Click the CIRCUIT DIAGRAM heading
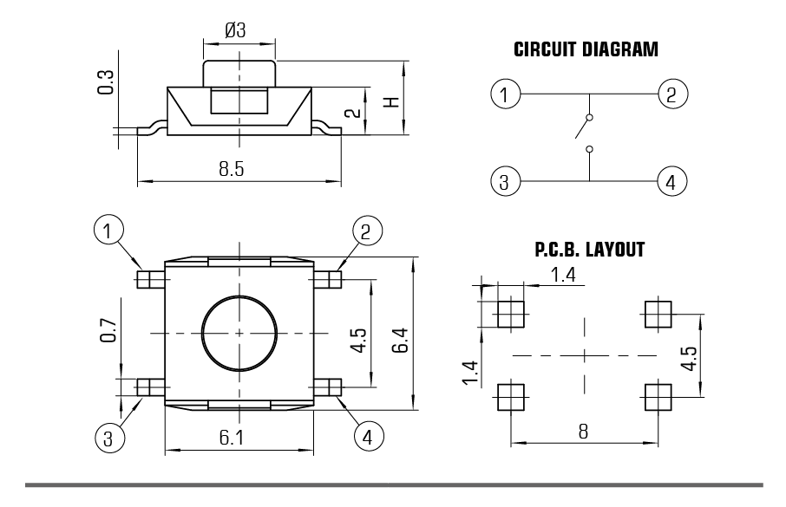[586, 49]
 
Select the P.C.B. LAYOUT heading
[590, 250]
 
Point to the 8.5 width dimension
[232, 169]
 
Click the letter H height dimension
[393, 101]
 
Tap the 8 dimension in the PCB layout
[584, 432]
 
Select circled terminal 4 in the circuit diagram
[671, 182]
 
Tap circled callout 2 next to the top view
[365, 231]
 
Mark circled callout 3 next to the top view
[108, 437]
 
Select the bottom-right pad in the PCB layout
[658, 398]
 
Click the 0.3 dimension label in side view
[106, 83]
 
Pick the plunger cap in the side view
[239, 73]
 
